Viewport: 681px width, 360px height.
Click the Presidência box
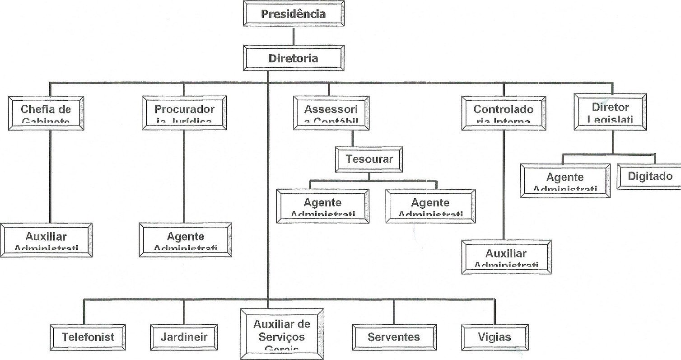294,14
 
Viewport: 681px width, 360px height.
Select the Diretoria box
294,58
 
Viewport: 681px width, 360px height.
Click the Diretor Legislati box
610,111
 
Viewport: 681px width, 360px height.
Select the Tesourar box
369,159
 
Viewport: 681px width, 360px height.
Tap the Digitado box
649,176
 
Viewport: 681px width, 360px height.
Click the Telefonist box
88,337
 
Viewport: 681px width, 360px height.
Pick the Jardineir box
184,337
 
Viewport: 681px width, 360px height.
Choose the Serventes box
394,337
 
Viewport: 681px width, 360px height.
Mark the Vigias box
494,337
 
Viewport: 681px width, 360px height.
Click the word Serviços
282,337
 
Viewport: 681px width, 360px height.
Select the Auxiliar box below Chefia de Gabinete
46,240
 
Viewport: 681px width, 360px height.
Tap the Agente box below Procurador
186,240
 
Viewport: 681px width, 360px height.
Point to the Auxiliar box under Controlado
506,257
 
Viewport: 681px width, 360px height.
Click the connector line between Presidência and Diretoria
294,36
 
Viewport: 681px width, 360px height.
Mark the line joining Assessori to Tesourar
353,138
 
